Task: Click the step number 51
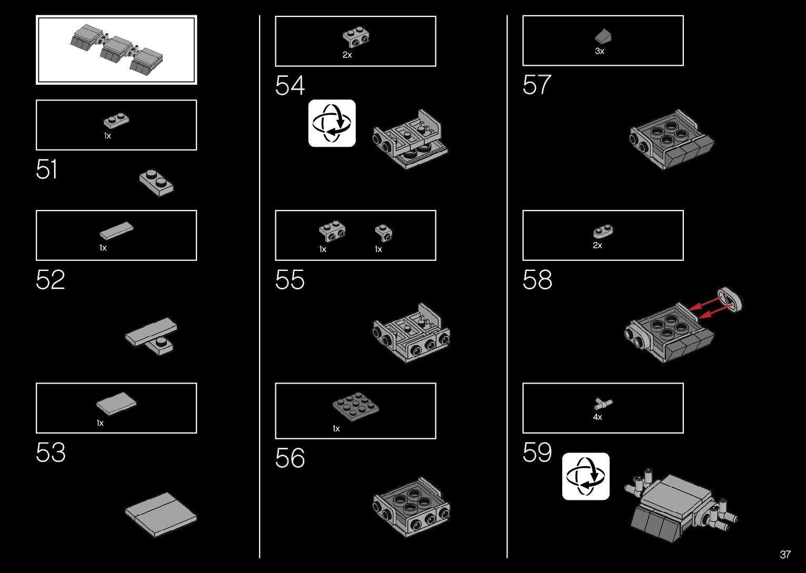point(46,170)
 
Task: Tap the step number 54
point(290,86)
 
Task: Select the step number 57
point(537,85)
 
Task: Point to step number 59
point(537,453)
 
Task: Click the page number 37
point(785,555)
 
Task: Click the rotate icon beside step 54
point(332,123)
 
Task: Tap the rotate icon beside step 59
point(585,476)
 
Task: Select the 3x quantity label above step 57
point(599,52)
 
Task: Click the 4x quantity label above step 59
point(598,417)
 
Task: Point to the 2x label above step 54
point(347,55)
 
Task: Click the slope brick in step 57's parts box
point(603,36)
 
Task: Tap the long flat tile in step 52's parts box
point(116,230)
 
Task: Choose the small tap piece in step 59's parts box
point(603,404)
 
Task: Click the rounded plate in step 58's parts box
point(604,231)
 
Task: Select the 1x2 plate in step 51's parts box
point(116,121)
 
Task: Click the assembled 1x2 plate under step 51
point(156,182)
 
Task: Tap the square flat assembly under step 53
point(161,514)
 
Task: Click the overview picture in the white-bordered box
point(116,50)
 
